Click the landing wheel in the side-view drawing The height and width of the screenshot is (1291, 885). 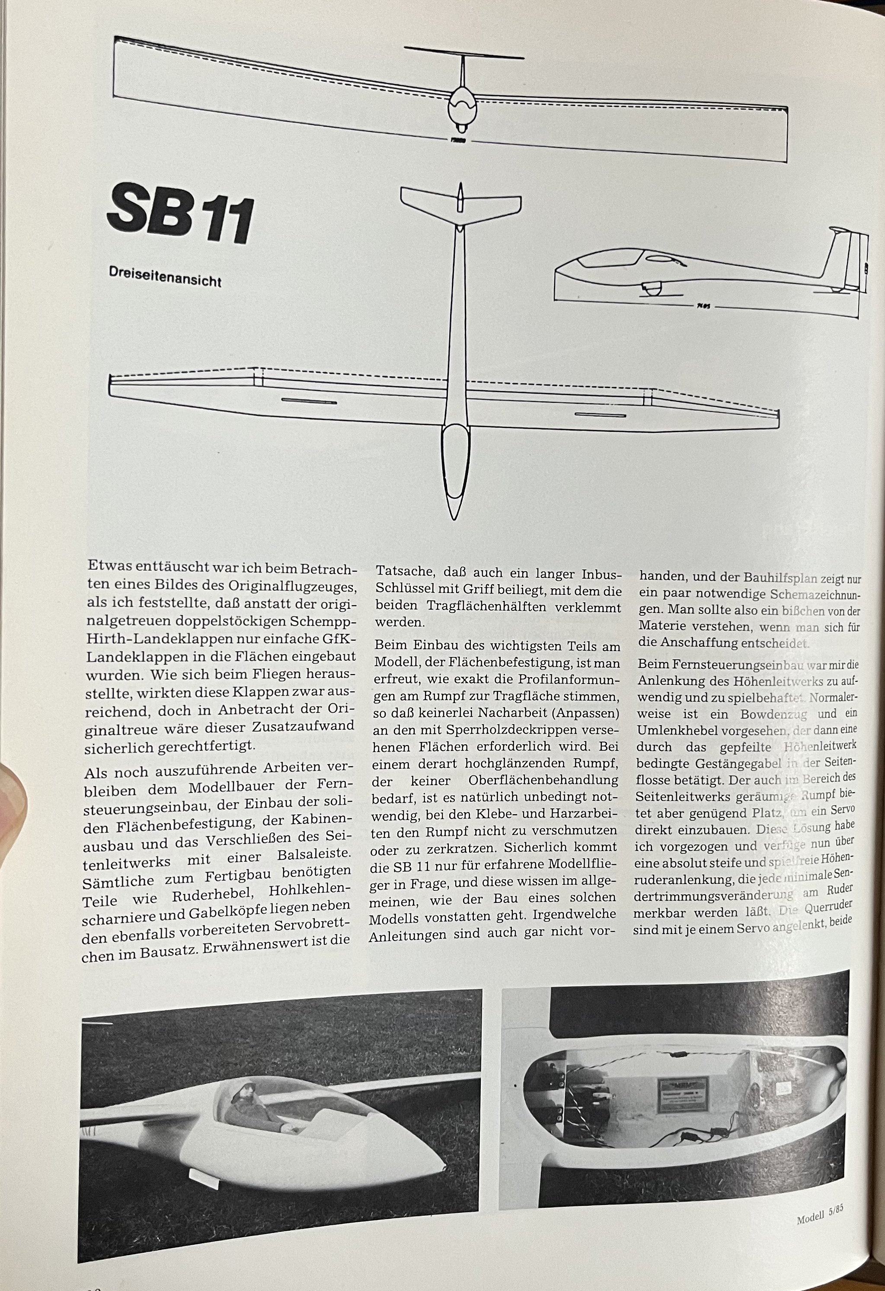(651, 289)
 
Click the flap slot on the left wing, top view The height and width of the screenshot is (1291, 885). (309, 401)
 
